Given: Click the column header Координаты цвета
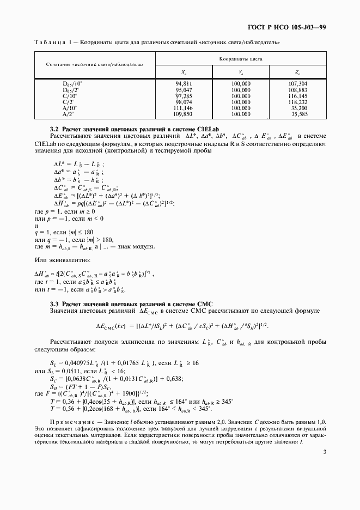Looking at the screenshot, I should (x=241, y=58).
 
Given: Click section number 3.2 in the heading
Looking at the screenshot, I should (x=54, y=128).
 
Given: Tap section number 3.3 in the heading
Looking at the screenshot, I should (x=54, y=302).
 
